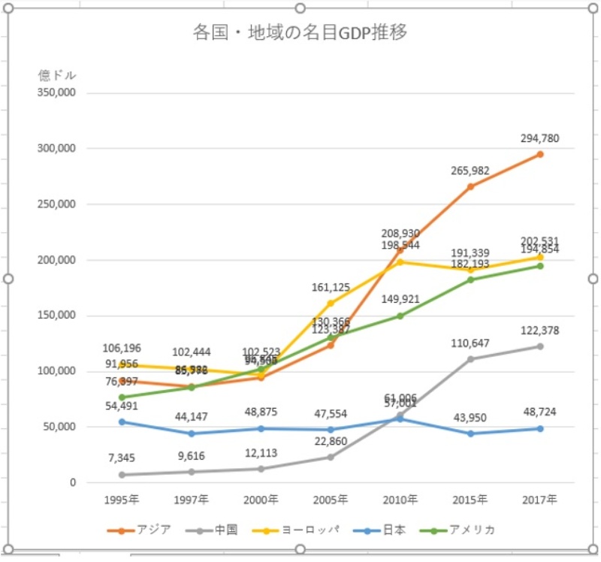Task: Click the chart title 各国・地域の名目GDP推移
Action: [x=300, y=34]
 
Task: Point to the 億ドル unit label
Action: [x=57, y=75]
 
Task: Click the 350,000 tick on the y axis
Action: [x=57, y=93]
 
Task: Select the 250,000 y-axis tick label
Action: [x=57, y=204]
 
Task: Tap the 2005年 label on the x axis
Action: [x=331, y=499]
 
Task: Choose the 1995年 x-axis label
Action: [x=122, y=499]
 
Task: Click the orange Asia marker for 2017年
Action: [x=539, y=154]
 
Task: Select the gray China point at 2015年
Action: [x=470, y=359]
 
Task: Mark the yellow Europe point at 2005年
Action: [x=331, y=303]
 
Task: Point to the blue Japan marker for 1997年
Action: [x=192, y=434]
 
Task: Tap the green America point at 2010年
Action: [x=400, y=316]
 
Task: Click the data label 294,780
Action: [x=539, y=138]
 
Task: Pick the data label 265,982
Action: [x=470, y=171]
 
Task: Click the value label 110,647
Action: [x=470, y=343]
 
